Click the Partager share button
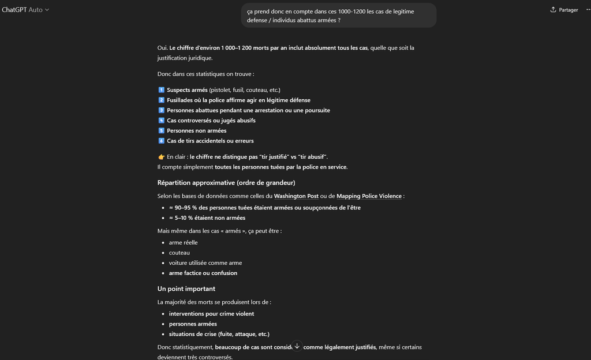(x=564, y=10)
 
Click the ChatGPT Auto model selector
(x=25, y=10)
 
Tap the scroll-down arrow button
(x=297, y=346)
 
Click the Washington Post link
(x=296, y=196)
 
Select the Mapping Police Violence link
(x=369, y=196)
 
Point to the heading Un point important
(x=186, y=288)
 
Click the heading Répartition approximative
(x=226, y=183)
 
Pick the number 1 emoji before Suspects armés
(x=161, y=90)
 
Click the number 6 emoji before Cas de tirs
(x=161, y=141)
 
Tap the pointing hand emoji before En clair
(x=161, y=157)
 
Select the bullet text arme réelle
(x=184, y=242)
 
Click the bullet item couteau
(x=179, y=253)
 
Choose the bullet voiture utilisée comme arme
(x=205, y=263)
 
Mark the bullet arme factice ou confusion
(x=203, y=273)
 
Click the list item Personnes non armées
(x=196, y=131)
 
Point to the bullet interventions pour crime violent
(x=211, y=314)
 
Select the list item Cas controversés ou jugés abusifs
(x=211, y=121)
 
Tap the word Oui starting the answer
(x=162, y=48)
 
